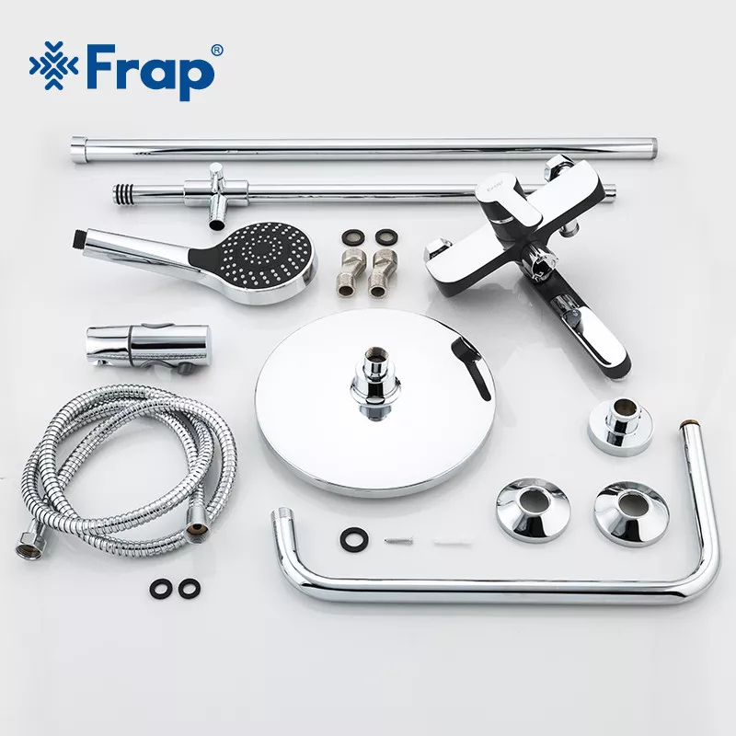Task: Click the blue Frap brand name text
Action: click(150, 72)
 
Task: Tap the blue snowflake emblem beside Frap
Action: click(53, 65)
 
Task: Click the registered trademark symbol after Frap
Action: click(217, 50)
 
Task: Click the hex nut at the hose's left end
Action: click(30, 546)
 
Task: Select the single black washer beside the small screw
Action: click(354, 539)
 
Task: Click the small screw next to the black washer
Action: click(398, 541)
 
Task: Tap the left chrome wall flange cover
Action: click(534, 510)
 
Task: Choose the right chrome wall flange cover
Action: click(631, 512)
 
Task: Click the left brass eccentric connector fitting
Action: click(351, 272)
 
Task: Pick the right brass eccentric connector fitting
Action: click(383, 273)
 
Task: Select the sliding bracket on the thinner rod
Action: click(216, 194)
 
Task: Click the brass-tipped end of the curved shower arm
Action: click(688, 425)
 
